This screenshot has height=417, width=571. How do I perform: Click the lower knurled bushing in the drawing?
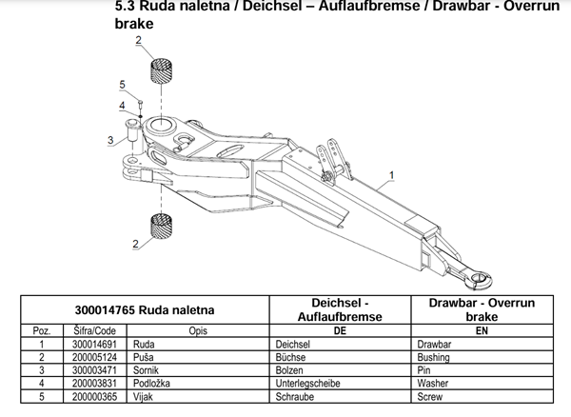161,229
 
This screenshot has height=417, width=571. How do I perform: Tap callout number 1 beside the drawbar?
390,175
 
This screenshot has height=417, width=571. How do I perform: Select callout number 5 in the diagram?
123,85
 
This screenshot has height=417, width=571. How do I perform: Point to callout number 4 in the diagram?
122,105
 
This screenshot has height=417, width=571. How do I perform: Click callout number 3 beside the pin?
111,140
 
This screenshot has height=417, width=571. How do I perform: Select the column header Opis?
198,329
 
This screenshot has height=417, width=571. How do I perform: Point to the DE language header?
340,329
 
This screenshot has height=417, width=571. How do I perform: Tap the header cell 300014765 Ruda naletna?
146,309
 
